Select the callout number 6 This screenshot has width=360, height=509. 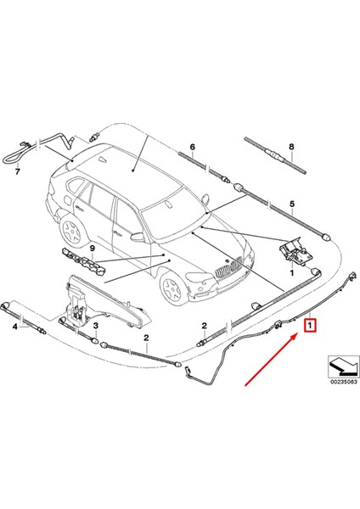click(x=193, y=147)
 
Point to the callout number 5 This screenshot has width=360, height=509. click(x=290, y=204)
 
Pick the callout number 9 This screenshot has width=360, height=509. click(x=84, y=247)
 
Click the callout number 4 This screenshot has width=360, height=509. click(x=14, y=326)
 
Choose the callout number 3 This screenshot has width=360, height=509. click(x=96, y=326)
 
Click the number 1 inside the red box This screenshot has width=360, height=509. click(x=311, y=326)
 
